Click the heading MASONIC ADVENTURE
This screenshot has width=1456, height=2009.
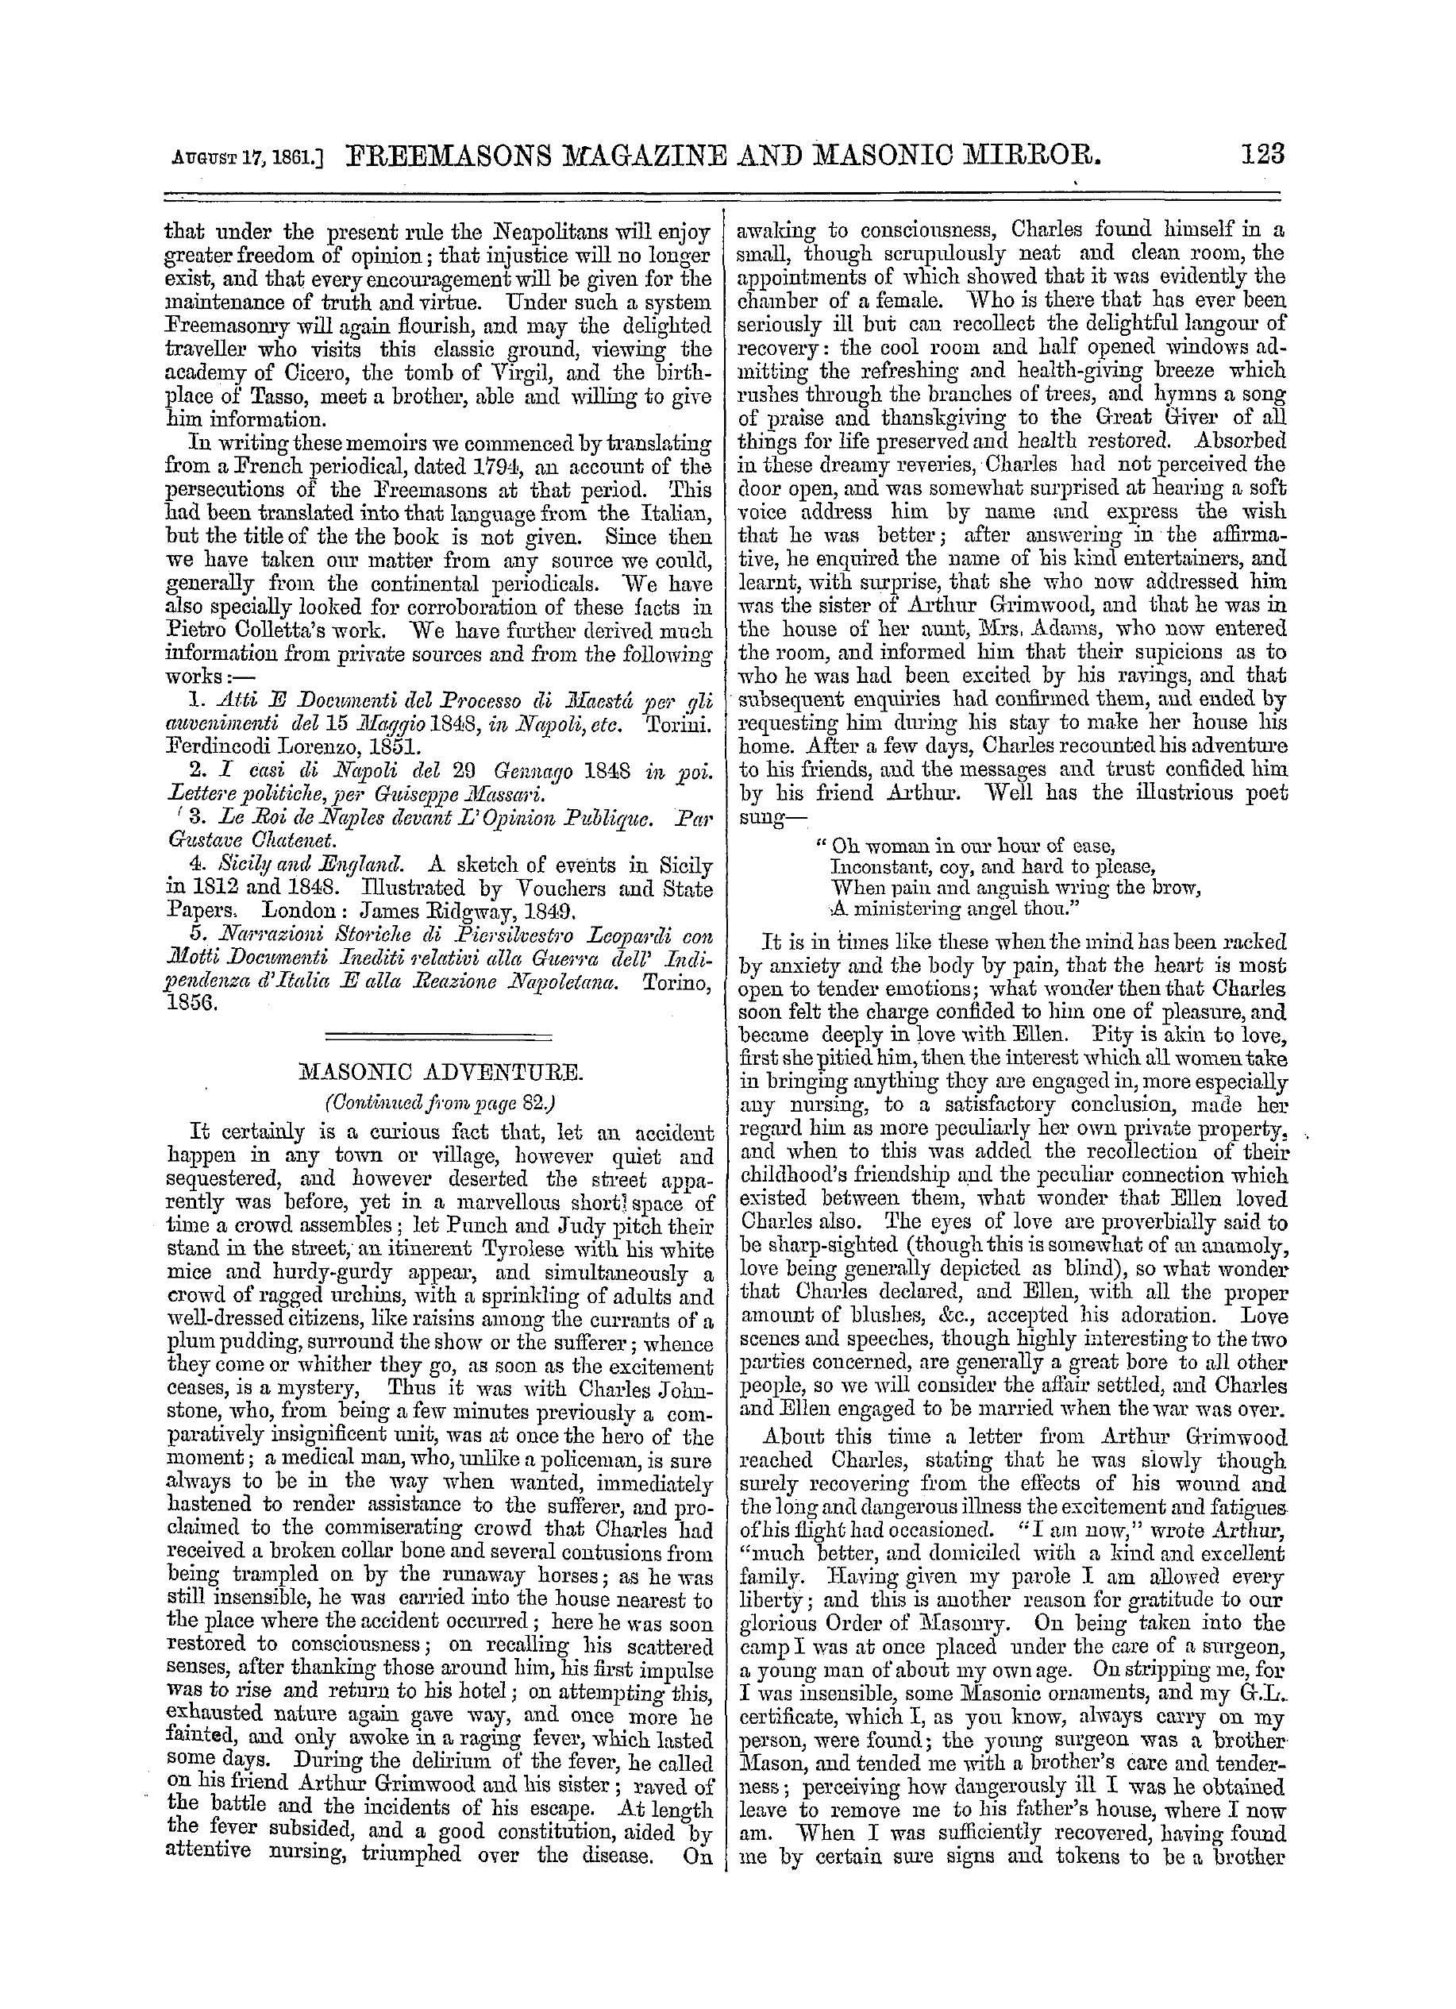click(x=440, y=1074)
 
